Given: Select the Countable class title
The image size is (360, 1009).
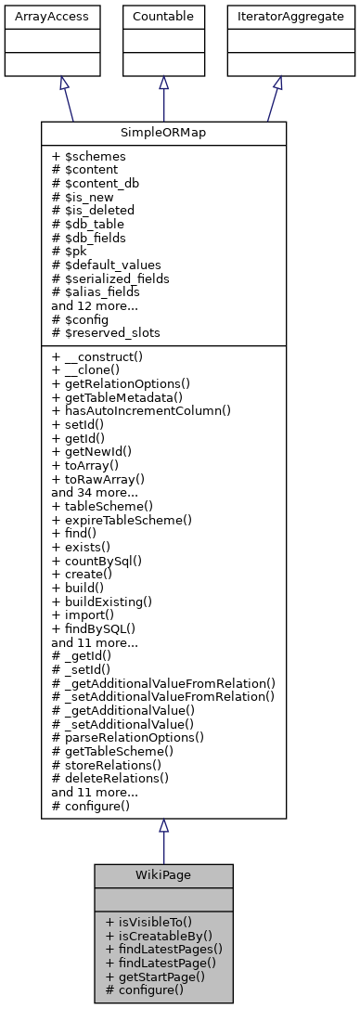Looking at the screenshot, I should [x=163, y=17].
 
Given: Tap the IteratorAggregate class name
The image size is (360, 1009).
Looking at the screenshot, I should [x=277, y=17].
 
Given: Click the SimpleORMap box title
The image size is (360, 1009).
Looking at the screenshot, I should [x=163, y=133].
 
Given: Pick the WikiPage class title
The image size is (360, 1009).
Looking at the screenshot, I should [x=163, y=875].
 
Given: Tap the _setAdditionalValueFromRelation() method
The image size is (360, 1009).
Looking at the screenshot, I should [x=163, y=695].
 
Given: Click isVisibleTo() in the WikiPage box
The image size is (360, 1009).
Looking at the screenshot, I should [x=148, y=922].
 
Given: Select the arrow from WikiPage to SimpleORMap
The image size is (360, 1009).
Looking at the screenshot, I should [x=163, y=840].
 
